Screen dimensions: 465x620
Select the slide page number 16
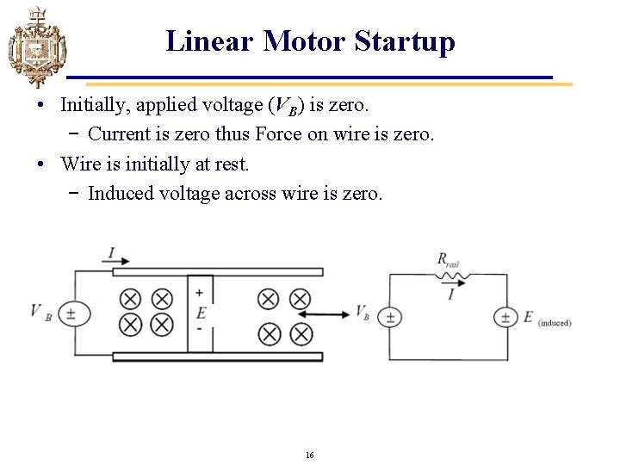309,454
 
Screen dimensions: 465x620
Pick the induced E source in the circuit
505,318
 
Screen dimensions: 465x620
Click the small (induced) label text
555,323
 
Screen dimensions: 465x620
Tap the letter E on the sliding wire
201,311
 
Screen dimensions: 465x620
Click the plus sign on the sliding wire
200,293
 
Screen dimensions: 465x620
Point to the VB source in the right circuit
389,318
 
